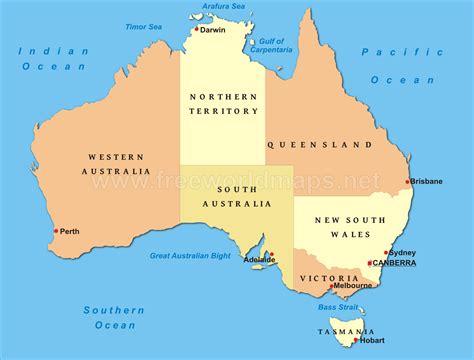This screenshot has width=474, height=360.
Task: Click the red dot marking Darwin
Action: coord(196,30)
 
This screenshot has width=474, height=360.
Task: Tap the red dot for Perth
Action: coord(56,231)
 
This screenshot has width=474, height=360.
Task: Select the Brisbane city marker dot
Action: coord(407,182)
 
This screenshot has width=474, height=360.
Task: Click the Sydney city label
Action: coord(403,253)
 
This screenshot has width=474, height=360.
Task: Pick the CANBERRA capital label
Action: coord(396,264)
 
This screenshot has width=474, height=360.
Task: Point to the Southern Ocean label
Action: coord(115,317)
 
